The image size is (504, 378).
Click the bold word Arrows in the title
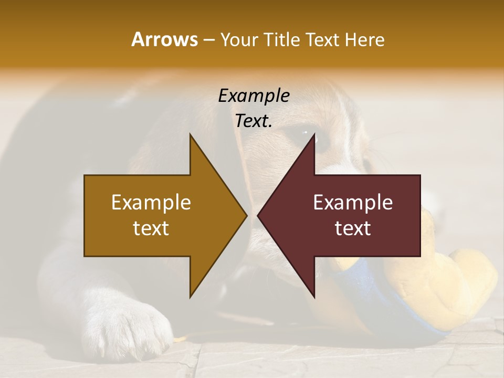[x=164, y=39]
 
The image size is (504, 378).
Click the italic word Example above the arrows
[x=254, y=96]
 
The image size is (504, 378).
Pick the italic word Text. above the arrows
[x=254, y=121]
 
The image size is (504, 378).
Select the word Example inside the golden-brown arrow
[x=151, y=202]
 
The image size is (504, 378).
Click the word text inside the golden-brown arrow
[x=151, y=228]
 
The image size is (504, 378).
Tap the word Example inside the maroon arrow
[x=353, y=202]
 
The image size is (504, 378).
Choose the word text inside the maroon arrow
[x=353, y=228]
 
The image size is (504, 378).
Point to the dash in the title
[x=208, y=40]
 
